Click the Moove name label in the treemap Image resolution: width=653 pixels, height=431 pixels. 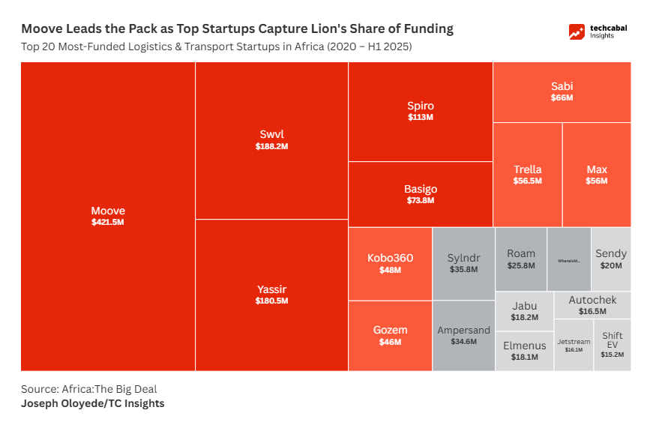108,211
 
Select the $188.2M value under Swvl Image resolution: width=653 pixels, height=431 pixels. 271,147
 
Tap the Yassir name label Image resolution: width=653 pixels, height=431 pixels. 271,289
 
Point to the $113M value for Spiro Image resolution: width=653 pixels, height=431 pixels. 421,118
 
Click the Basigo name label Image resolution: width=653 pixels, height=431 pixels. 421,189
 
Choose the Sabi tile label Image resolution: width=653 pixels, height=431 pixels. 562,86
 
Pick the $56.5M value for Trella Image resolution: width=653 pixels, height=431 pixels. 527,181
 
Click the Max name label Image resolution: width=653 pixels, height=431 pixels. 597,169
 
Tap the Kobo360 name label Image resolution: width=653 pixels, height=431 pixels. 390,258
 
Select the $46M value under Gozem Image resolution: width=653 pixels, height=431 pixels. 390,342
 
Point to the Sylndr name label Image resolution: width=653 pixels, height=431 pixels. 463,257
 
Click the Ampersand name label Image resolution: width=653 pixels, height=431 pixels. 463,330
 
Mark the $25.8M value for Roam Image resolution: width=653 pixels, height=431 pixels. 521,265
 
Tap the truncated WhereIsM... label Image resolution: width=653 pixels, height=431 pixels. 569,261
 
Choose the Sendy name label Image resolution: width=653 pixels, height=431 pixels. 611,253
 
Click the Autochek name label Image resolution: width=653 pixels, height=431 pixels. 592,300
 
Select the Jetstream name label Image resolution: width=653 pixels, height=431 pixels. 574,342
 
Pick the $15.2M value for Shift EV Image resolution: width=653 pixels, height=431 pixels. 612,355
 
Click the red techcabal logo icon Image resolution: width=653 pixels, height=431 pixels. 577,32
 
